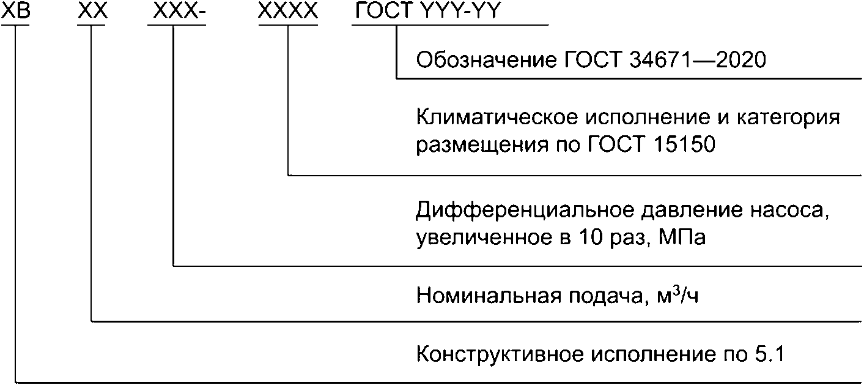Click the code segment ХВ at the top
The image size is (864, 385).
click(x=15, y=12)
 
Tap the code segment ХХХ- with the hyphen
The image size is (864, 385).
click(x=177, y=12)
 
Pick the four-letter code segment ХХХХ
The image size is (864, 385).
click(x=288, y=12)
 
